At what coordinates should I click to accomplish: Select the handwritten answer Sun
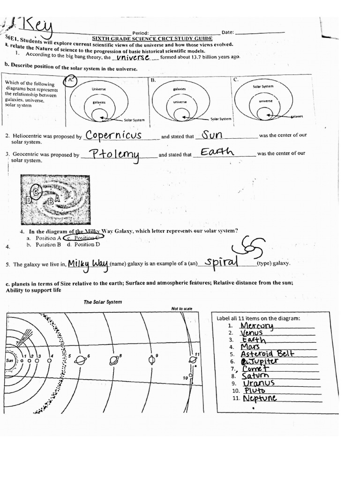pos(212,135)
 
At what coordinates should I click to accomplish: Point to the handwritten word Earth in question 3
pos(217,152)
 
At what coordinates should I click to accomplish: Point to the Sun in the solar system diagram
pos(10,360)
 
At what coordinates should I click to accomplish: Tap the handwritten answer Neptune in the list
pos(260,398)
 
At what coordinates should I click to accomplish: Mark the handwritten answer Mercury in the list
pos(256,325)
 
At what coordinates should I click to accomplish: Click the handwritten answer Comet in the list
pos(256,368)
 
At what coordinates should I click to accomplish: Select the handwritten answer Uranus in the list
pos(259,383)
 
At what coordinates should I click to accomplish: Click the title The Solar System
pos(103,302)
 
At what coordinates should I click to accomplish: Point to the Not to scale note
pos(182,308)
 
